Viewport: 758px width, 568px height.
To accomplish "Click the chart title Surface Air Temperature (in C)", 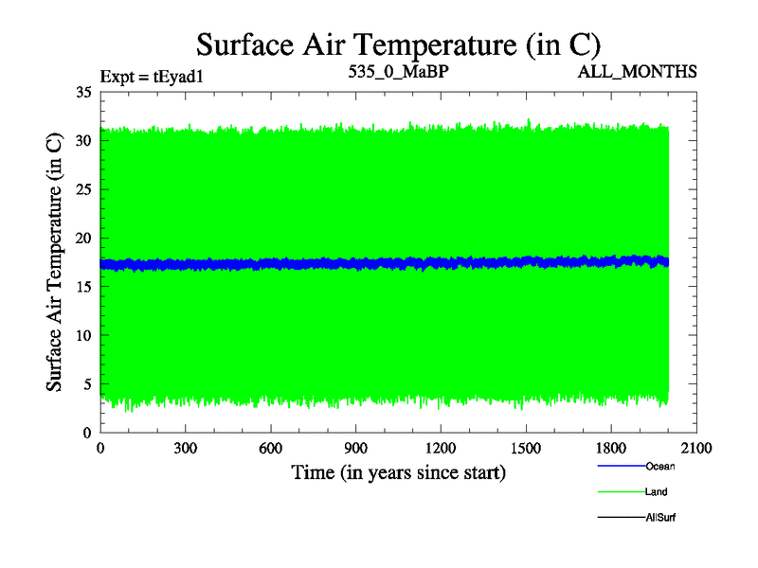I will (398, 44).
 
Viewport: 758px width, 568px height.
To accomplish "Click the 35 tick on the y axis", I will (82, 93).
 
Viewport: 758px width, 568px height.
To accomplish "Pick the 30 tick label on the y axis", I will (82, 141).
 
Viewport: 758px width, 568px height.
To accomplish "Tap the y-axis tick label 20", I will (82, 239).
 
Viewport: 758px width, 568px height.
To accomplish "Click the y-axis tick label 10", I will (82, 336).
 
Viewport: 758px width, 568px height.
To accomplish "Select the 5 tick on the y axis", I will (86, 384).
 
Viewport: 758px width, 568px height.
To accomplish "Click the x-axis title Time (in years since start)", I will (398, 471).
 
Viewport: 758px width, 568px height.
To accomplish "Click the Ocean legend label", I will (660, 466).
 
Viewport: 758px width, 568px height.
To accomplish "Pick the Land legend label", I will (657, 491).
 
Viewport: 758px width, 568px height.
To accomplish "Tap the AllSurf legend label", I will (660, 518).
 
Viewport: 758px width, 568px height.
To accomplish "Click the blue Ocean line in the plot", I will (379, 263).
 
